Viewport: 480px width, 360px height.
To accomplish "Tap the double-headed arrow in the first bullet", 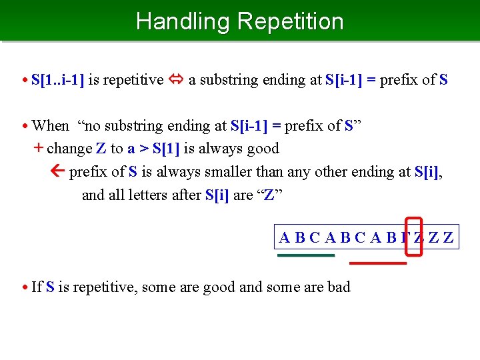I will coord(175,80).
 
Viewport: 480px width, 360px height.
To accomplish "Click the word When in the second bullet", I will coord(50,125).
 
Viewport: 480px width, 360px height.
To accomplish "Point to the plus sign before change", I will coord(38,148).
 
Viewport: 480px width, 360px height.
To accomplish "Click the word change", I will coord(69,148).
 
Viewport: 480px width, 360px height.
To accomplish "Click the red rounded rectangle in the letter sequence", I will coord(414,236).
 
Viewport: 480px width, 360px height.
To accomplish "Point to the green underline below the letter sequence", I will coord(306,255).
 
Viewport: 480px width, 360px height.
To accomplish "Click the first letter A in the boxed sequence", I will coord(285,237).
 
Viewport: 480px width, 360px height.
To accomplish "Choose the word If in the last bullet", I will coord(37,287).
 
